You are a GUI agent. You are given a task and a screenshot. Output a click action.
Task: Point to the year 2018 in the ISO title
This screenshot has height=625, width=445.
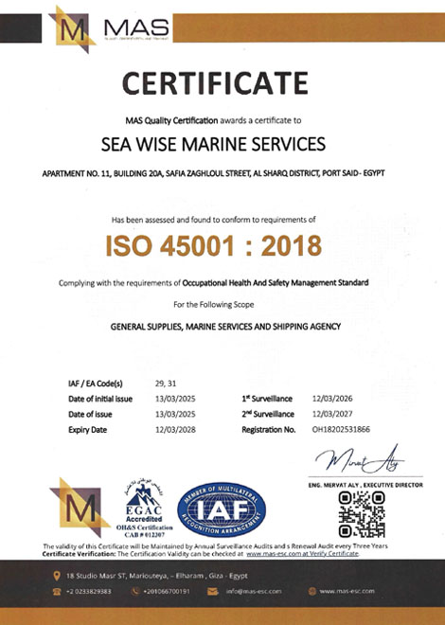click(289, 246)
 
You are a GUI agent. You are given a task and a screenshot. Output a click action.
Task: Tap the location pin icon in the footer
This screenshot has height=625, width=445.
click(57, 575)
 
